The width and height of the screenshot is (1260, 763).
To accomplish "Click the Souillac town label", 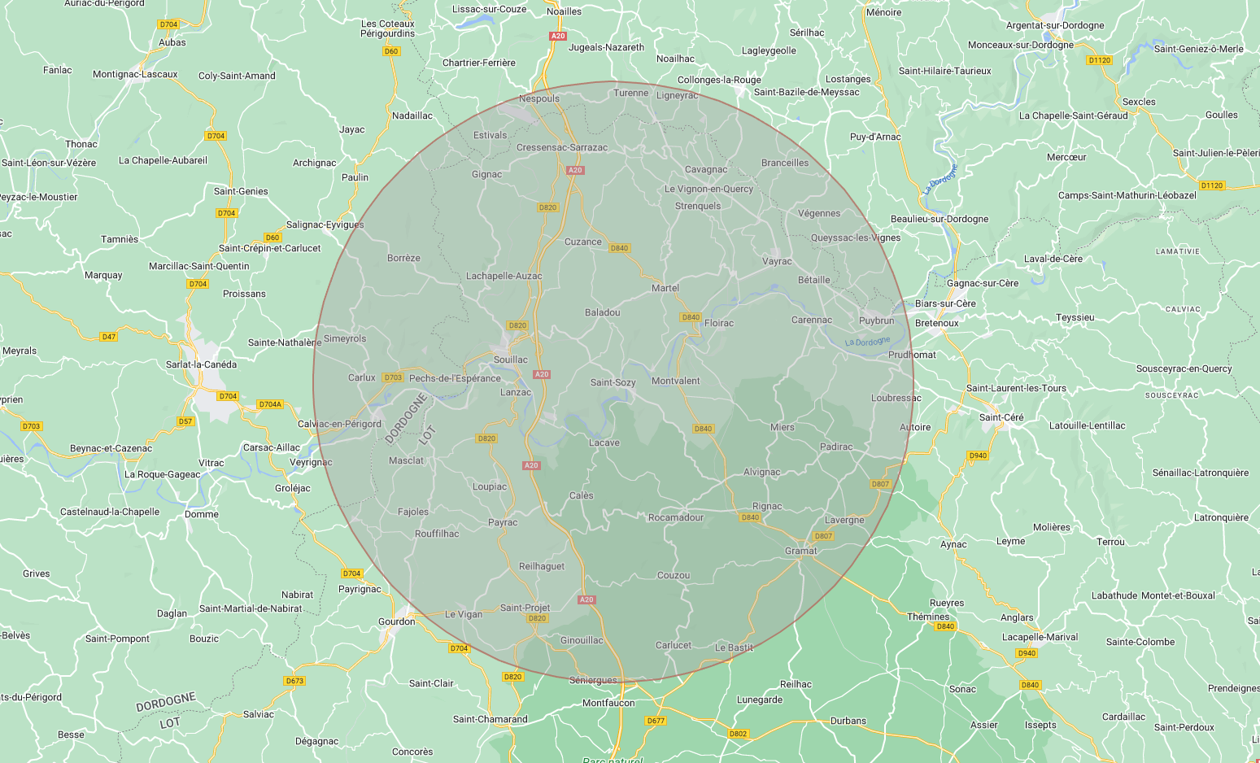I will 511,360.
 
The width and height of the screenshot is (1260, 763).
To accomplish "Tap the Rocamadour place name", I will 675,517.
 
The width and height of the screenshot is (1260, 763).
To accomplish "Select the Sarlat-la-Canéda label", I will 201,364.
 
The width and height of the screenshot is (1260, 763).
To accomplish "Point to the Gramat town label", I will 800,551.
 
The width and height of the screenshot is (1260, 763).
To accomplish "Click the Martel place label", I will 665,288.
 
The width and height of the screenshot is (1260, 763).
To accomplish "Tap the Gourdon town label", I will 396,621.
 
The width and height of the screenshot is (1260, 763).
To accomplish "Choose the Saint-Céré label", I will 1001,417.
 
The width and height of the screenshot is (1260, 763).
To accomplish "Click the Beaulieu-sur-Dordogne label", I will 940,219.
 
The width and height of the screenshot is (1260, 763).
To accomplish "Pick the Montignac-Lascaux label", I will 135,74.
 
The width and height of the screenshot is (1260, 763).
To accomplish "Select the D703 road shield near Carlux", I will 393,377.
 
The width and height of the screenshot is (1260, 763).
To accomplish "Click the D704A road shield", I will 269,404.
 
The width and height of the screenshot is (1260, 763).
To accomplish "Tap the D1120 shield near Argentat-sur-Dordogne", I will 1099,60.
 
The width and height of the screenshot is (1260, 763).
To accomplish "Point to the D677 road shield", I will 656,721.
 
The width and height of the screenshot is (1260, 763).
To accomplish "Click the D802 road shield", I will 738,734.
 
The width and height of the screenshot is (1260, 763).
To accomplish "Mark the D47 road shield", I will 108,337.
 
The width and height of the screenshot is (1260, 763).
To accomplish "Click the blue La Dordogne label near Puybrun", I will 867,342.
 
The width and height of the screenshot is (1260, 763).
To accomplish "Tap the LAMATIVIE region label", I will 1177,251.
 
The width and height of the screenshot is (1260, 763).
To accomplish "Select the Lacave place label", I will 604,443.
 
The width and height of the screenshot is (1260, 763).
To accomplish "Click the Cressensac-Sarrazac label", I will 562,147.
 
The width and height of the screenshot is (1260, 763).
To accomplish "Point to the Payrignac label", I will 360,589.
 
